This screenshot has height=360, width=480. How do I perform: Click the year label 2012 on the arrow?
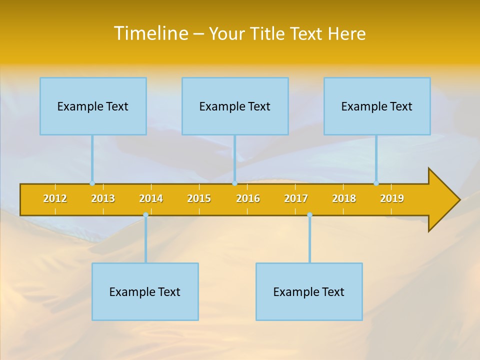tap(55, 198)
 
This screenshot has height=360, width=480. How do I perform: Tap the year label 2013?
tap(103, 198)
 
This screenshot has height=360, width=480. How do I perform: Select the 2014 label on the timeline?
tap(151, 198)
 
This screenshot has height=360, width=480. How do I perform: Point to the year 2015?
tap(199, 198)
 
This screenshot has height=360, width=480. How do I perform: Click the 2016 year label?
tap(248, 198)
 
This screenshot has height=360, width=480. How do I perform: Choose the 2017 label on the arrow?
tap(296, 198)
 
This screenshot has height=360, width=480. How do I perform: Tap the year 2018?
tap(344, 198)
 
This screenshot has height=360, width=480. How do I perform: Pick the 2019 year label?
tap(392, 198)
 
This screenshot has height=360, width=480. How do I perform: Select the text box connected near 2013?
tap(93, 106)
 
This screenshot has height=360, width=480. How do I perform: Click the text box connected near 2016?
tap(235, 106)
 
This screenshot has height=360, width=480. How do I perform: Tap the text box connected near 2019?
tap(377, 106)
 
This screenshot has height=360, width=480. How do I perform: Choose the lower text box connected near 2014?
tap(145, 291)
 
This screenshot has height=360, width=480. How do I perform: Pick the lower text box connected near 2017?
tap(309, 291)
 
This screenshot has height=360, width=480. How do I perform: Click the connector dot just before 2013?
tap(92, 183)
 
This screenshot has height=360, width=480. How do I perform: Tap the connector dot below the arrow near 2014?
tap(145, 215)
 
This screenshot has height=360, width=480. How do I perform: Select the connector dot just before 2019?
tap(376, 183)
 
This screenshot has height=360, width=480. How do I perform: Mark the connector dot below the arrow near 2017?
tap(309, 215)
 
